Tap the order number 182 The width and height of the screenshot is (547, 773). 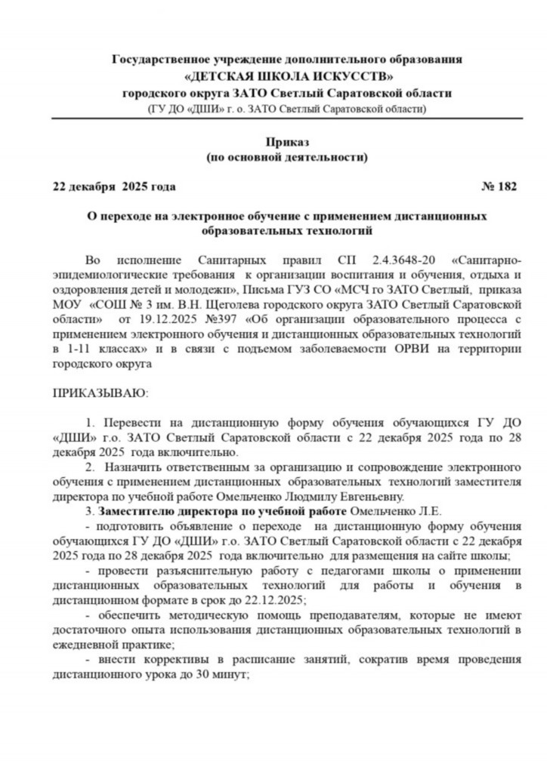[x=507, y=186]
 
